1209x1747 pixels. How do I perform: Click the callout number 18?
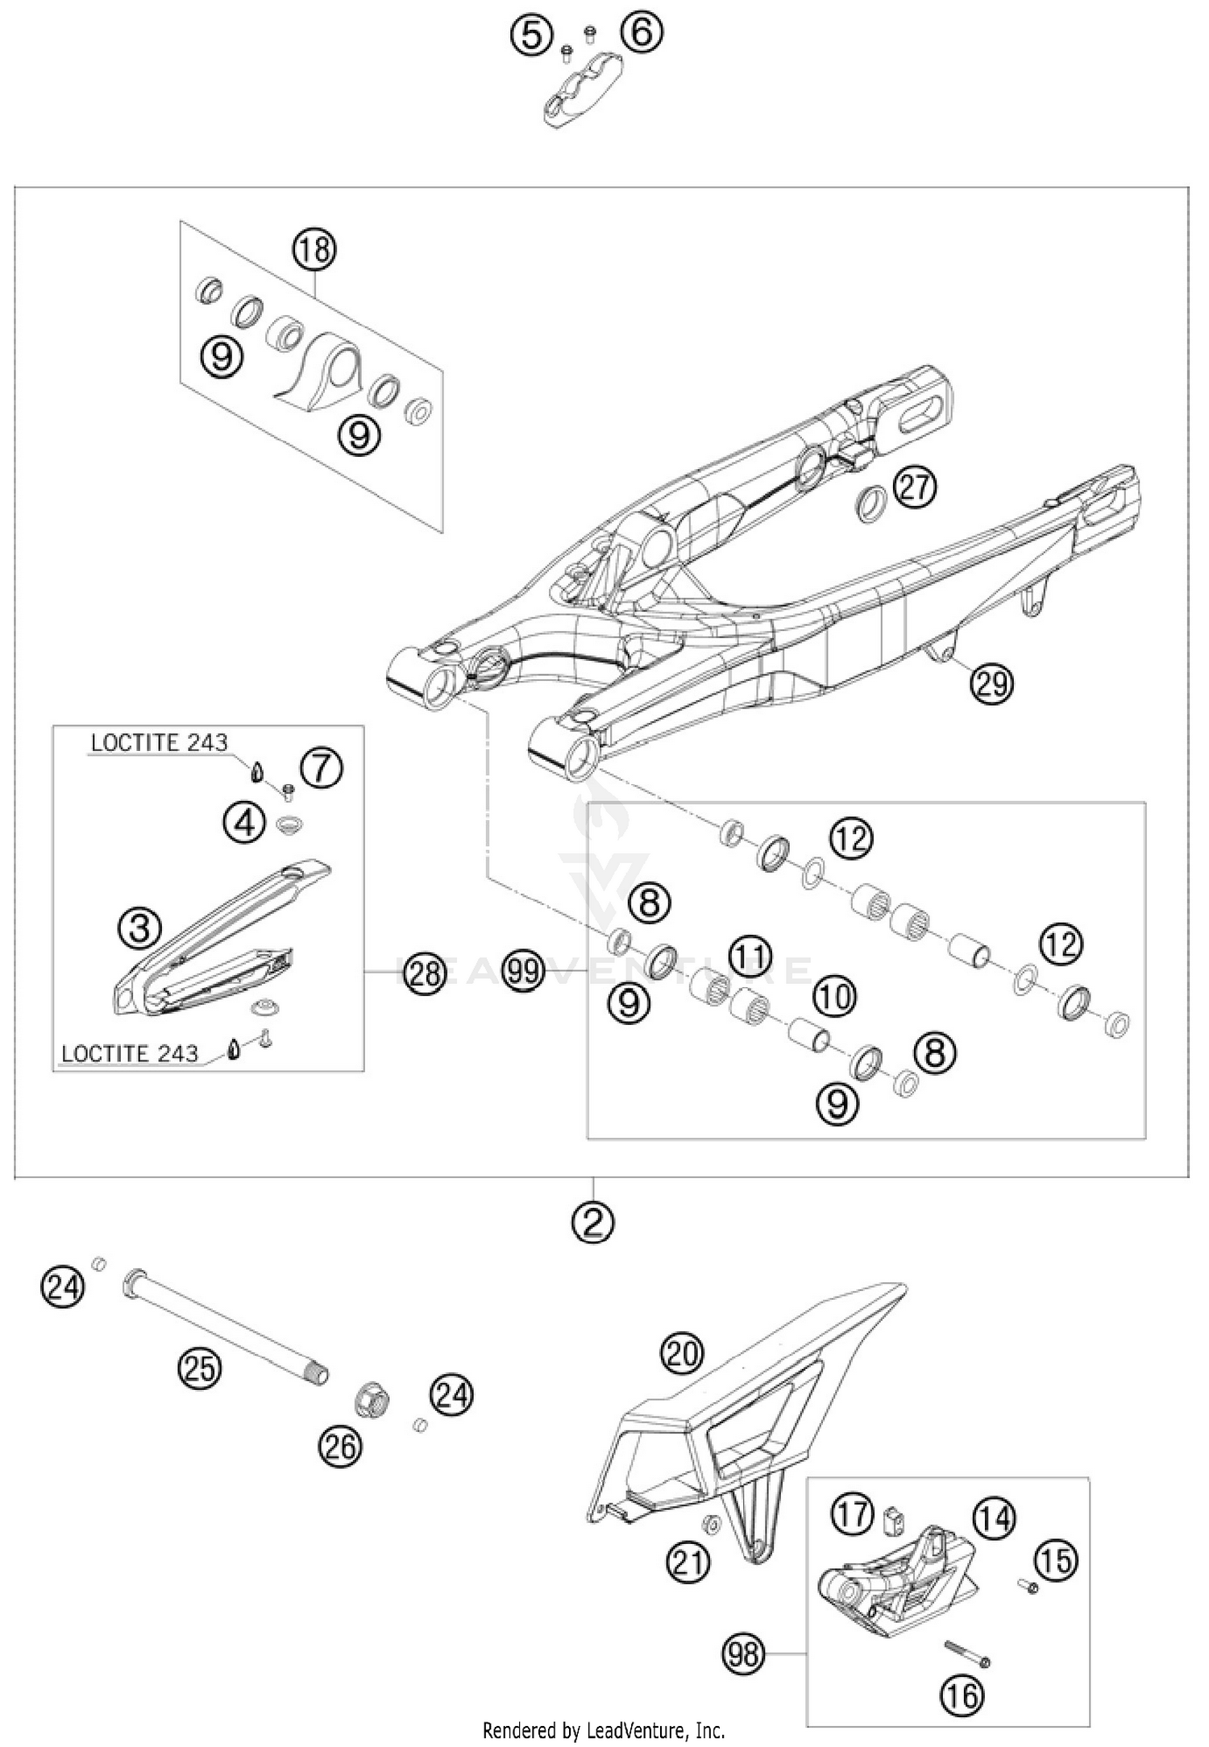314,250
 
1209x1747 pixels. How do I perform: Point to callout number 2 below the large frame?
593,1223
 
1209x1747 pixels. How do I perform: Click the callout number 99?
523,970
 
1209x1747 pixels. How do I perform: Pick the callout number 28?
425,974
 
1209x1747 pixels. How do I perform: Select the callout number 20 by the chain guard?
682,1354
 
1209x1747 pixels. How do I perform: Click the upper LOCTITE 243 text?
159,742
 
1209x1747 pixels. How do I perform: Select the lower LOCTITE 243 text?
129,1053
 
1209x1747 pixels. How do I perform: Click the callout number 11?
750,956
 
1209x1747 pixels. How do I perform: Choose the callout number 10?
834,997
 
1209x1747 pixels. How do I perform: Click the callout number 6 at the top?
642,33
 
